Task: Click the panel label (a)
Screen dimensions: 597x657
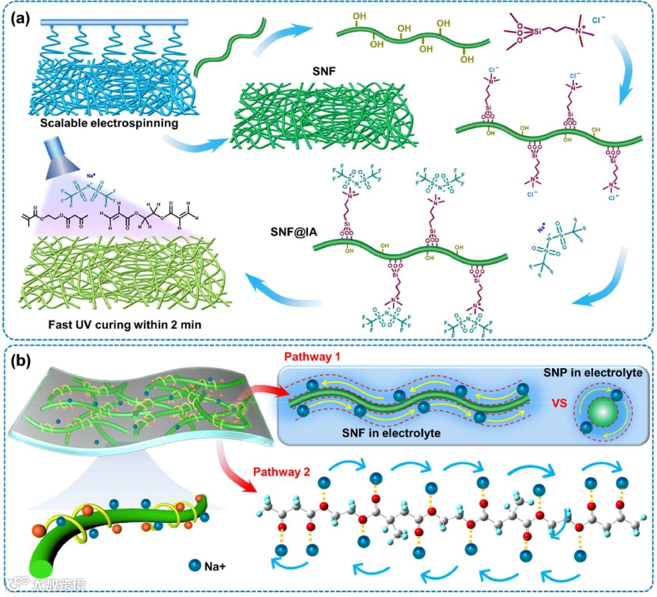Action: pos(23,18)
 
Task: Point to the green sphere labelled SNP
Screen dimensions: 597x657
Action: pos(600,413)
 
